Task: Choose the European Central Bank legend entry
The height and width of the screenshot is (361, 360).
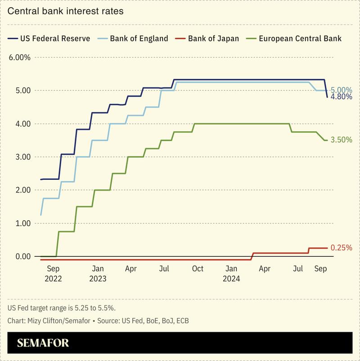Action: coord(295,38)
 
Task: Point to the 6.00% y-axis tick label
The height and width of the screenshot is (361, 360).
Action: coord(20,57)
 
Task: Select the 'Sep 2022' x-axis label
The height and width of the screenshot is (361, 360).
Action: coord(53,273)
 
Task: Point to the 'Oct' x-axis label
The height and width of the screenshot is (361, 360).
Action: coord(198,269)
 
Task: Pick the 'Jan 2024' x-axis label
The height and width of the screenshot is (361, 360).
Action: coord(231,273)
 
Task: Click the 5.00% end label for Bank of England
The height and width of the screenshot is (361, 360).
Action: coord(341,90)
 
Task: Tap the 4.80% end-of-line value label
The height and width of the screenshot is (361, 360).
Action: coord(341,97)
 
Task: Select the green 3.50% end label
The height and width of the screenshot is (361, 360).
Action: coord(341,140)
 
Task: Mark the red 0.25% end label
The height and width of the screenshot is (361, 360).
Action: coord(341,248)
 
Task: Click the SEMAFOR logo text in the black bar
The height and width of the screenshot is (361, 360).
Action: coord(43,343)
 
